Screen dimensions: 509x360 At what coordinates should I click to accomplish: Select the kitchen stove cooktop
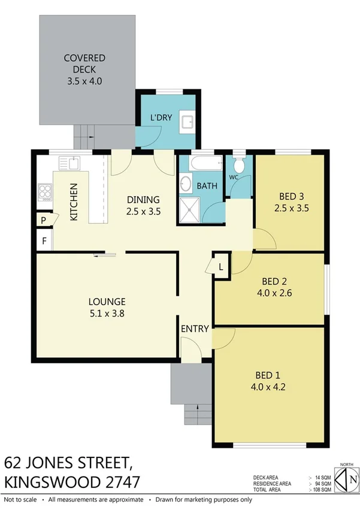[x=45, y=192]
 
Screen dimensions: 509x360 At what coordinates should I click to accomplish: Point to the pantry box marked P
[x=44, y=220]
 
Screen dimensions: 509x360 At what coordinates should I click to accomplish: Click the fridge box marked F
[x=44, y=242]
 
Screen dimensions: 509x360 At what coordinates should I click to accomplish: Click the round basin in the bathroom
[x=186, y=184]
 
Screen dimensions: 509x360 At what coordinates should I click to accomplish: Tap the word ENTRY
[x=195, y=329]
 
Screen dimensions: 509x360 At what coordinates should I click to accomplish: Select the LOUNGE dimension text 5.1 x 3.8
[x=107, y=312]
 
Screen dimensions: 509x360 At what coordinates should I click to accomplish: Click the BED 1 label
[x=269, y=376]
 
